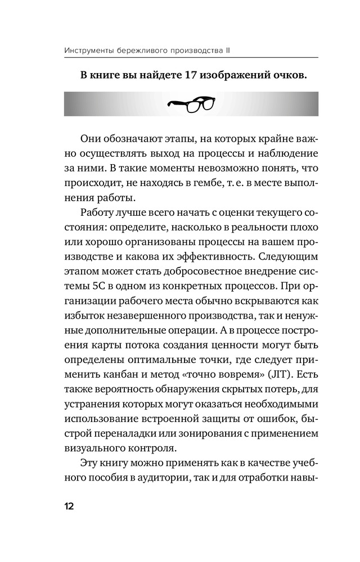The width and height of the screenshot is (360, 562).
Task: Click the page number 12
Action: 68,506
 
